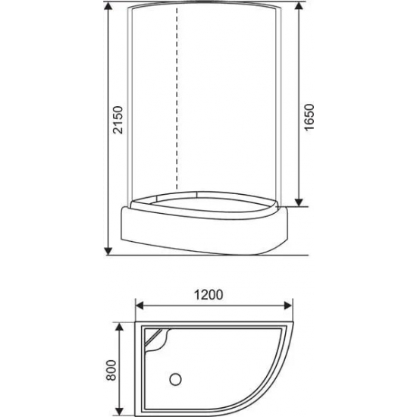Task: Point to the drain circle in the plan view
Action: point(177,376)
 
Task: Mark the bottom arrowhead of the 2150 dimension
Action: point(108,248)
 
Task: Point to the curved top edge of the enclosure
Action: point(205,10)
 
